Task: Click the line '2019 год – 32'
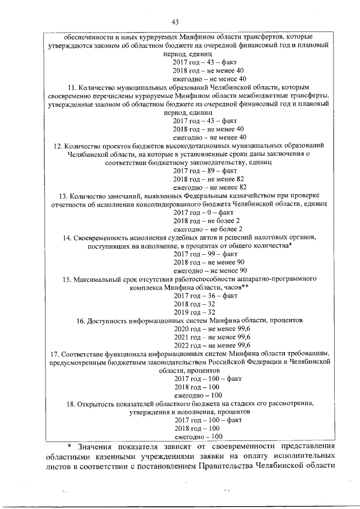click(x=194, y=312)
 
